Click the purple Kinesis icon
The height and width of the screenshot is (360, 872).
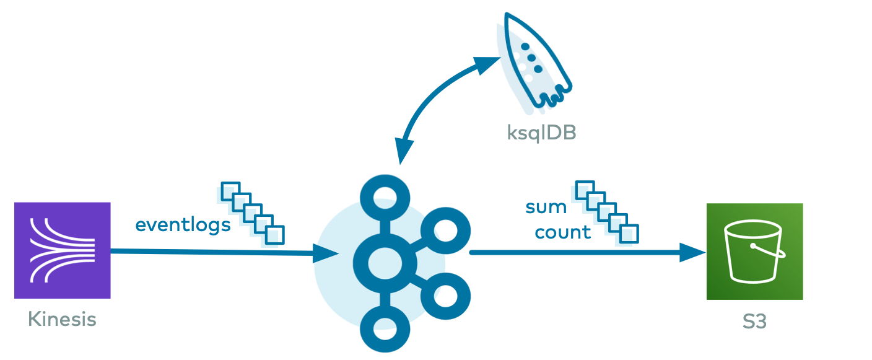(x=62, y=250)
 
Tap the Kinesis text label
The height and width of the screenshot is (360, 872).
(x=62, y=320)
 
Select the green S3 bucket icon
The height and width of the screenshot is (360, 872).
(x=754, y=252)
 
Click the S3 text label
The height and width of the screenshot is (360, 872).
(x=754, y=322)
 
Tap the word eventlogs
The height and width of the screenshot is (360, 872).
(x=183, y=224)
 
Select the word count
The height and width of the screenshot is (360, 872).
(x=563, y=232)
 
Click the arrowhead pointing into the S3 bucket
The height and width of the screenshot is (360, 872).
(x=694, y=252)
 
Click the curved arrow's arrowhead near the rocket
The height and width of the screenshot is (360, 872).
(x=487, y=64)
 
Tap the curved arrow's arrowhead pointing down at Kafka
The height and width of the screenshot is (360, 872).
(x=405, y=151)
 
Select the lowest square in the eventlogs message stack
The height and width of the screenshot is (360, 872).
(x=274, y=235)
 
